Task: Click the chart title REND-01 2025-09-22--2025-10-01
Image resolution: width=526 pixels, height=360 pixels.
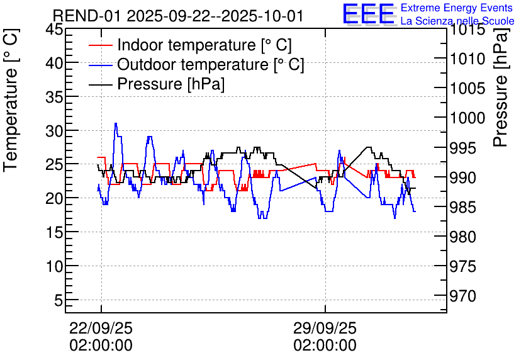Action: tap(177, 16)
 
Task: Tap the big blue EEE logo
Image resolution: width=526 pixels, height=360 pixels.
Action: tap(369, 14)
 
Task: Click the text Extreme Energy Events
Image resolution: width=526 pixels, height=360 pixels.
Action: tap(456, 8)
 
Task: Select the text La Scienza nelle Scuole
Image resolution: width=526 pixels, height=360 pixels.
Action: tap(457, 21)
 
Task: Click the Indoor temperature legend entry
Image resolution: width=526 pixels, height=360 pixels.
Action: tap(204, 45)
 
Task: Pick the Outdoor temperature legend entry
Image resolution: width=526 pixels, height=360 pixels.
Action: tap(211, 65)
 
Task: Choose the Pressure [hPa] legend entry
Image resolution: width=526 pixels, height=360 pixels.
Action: tap(171, 84)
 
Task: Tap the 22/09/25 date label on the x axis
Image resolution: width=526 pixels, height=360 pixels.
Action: tap(101, 328)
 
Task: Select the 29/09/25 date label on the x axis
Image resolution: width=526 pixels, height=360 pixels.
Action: tap(325, 328)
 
